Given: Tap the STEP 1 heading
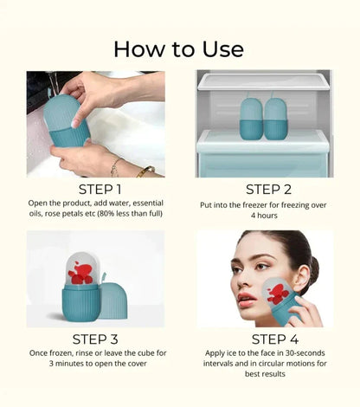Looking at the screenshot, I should coord(93,189).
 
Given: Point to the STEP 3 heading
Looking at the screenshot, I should coord(93,339).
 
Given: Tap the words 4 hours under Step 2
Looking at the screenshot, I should coord(264,216).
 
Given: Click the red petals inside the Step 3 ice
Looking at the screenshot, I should coord(80,273).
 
